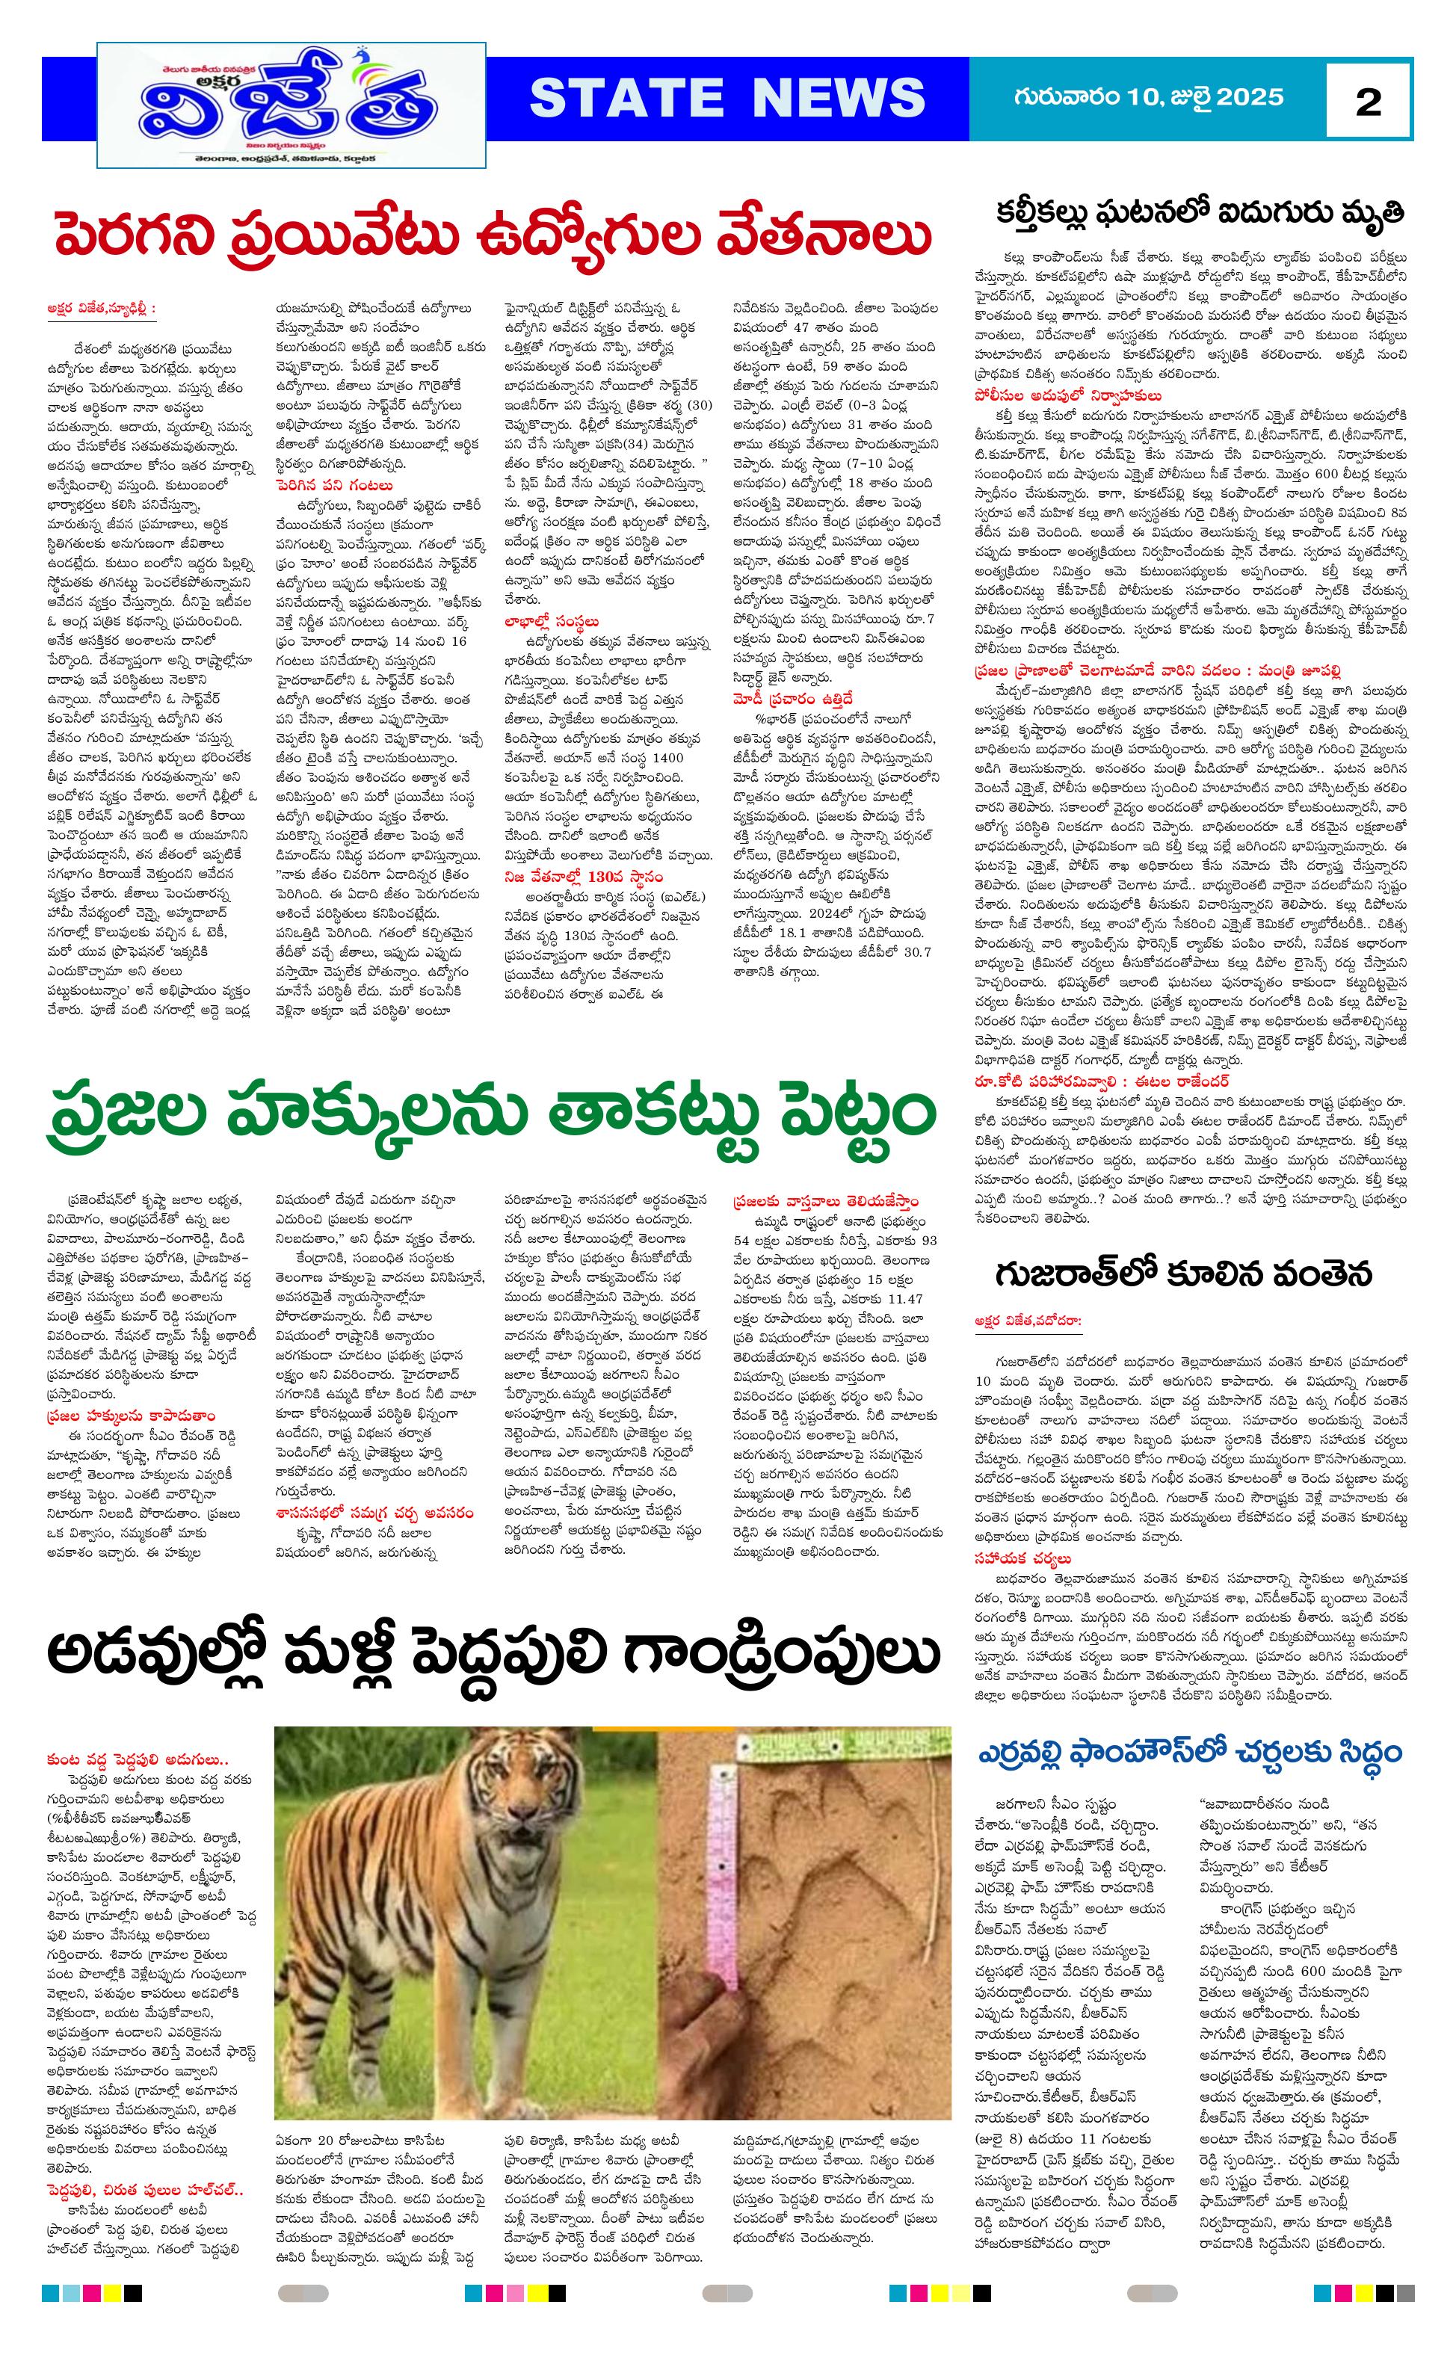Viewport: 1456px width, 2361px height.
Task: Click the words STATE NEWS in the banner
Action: tap(727, 98)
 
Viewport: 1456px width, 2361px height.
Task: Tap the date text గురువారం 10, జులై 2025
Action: tap(1148, 96)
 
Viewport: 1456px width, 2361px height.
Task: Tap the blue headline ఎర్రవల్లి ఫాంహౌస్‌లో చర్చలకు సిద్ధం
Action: tap(1190, 1753)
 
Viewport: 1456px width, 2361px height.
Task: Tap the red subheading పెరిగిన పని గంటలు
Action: tap(333, 485)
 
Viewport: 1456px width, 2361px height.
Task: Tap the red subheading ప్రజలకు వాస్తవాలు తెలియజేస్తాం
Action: tap(825, 1201)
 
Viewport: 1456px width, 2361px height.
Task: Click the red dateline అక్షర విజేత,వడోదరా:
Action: tap(1028, 1322)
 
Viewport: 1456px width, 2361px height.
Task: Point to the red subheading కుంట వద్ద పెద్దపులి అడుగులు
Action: tap(138, 1759)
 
